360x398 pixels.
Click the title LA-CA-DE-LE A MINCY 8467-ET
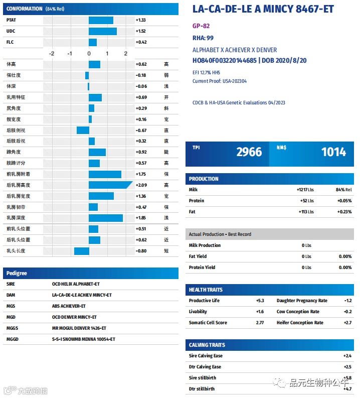tap(263, 10)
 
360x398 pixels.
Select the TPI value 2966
tap(249, 152)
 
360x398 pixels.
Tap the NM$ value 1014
tap(333, 152)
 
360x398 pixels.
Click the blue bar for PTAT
tap(101, 20)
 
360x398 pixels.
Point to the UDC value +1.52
tap(141, 31)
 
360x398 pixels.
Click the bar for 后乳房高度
tap(110, 185)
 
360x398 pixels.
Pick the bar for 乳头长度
tap(82, 251)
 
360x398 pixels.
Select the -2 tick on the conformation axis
tap(52, 54)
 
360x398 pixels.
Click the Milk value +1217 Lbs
tap(305, 190)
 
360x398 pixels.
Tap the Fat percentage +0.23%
tap(344, 212)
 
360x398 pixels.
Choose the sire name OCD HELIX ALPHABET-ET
tap(76, 284)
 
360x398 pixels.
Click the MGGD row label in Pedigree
tap(13, 339)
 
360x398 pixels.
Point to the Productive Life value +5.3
tap(260, 301)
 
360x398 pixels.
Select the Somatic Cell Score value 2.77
tap(260, 323)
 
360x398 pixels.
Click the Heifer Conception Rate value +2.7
tap(348, 323)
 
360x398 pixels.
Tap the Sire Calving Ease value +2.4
tap(347, 356)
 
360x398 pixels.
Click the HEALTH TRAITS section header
tap(206, 290)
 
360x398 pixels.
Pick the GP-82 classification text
tap(201, 26)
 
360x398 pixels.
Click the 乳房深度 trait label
tap(16, 218)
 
